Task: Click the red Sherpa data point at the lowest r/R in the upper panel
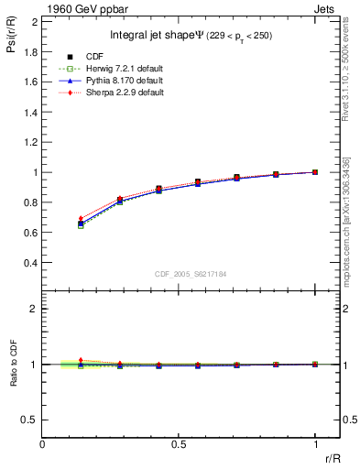81,219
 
